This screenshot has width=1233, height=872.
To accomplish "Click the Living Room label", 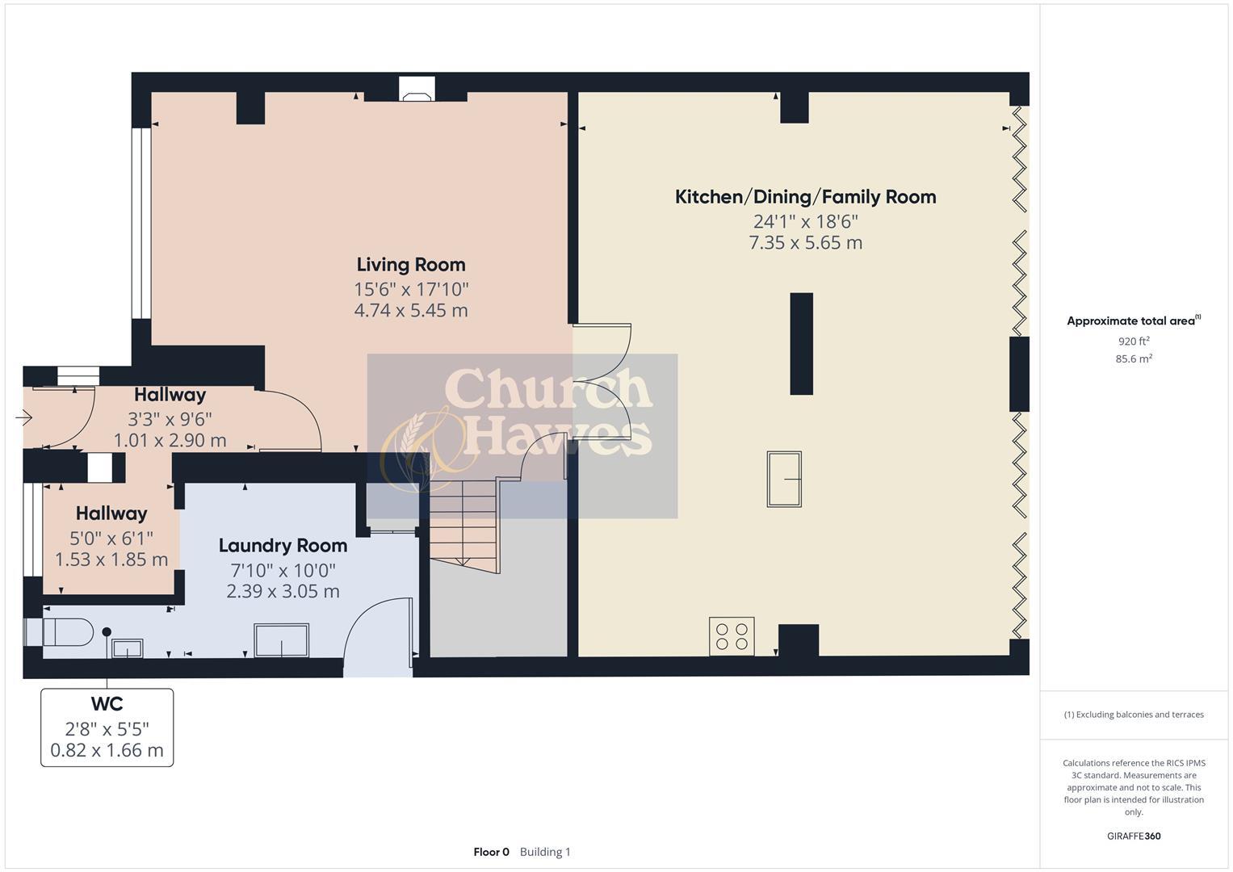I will [411, 265].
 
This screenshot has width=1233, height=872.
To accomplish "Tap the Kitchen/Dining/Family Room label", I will [805, 197].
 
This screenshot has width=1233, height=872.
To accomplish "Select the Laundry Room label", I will [283, 546].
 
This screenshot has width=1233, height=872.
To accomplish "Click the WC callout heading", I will [107, 705].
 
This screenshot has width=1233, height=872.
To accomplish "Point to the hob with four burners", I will [732, 636].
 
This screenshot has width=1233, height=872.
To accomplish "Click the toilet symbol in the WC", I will [62, 632].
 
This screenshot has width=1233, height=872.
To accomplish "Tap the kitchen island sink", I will [784, 479].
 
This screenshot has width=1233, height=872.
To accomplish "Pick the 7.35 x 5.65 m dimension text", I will [805, 243].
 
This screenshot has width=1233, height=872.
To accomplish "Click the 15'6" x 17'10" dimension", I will [411, 289].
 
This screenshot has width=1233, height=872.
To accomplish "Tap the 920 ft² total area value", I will [1134, 342].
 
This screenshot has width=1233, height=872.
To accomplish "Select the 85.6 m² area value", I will [1134, 359].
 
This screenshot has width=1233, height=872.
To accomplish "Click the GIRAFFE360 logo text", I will [1134, 836].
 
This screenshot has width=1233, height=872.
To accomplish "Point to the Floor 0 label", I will [491, 852].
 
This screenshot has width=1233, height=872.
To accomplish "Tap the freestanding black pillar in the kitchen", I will [801, 344].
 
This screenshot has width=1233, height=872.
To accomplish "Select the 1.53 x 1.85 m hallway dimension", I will [111, 560].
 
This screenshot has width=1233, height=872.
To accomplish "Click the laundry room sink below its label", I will [281, 640].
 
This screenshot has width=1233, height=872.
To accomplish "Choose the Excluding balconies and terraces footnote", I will [1134, 715].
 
